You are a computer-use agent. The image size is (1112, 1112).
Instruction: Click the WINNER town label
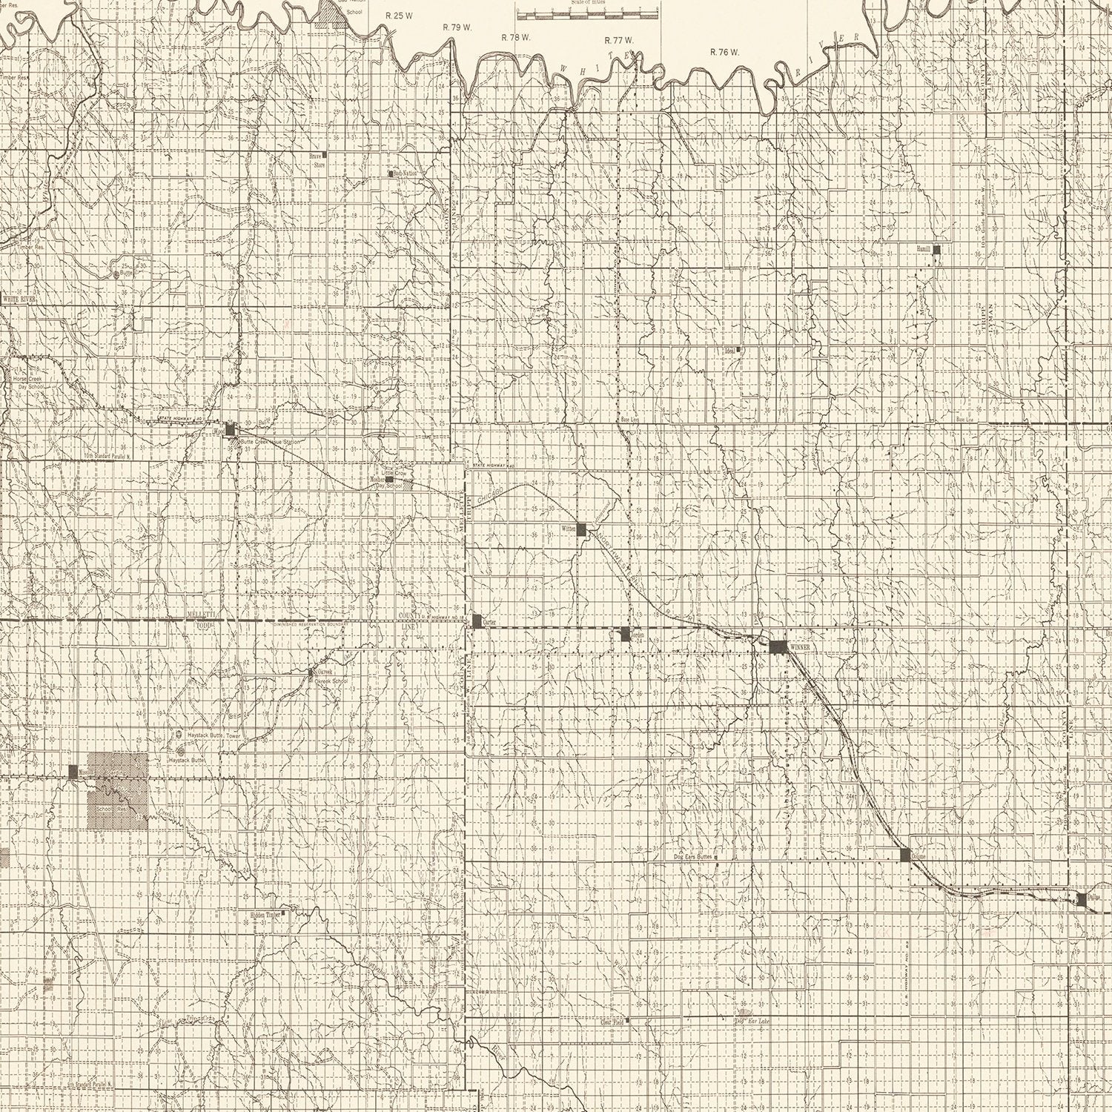pyautogui.click(x=802, y=647)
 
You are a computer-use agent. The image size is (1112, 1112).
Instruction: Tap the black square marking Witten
pyautogui.click(x=583, y=529)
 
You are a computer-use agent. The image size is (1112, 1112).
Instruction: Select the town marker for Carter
pyautogui.click(x=477, y=620)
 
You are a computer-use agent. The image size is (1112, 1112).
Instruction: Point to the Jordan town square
pyautogui.click(x=625, y=633)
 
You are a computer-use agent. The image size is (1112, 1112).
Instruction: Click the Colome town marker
pyautogui.click(x=904, y=854)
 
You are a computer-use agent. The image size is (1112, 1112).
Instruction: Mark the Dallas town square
pyautogui.click(x=1082, y=898)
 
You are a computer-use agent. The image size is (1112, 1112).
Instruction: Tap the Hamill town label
pyautogui.click(x=923, y=250)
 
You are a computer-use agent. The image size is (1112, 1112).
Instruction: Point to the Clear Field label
pyautogui.click(x=610, y=1021)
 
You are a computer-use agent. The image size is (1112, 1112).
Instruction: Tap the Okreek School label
pyautogui.click(x=331, y=681)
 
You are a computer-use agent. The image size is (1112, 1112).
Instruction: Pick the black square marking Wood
pyautogui.click(x=230, y=428)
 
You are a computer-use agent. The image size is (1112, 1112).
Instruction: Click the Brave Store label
pyautogui.click(x=319, y=161)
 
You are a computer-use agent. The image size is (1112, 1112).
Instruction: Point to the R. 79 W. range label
pyautogui.click(x=457, y=27)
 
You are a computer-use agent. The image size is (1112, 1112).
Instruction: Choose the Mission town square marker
pyautogui.click(x=73, y=771)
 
